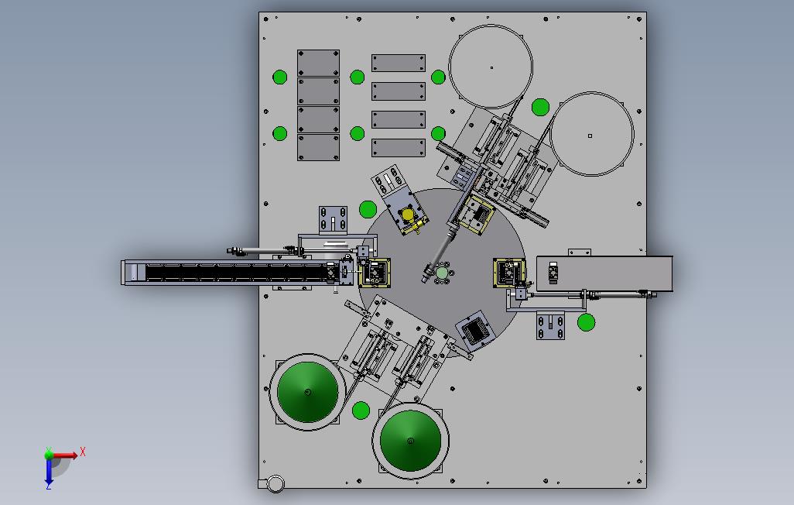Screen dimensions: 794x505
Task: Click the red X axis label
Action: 83,452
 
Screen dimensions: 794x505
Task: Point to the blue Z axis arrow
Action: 49,472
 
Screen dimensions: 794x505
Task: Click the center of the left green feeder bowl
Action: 307,392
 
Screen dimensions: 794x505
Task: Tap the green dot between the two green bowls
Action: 361,411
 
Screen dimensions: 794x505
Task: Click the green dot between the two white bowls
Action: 541,108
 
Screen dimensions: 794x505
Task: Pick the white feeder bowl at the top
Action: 491,67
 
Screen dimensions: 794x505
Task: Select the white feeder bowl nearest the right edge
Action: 592,134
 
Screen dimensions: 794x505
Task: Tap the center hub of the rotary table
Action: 442,273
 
